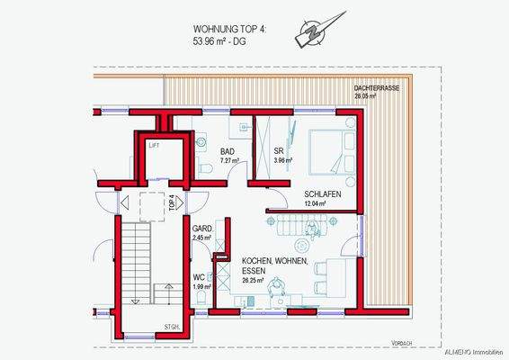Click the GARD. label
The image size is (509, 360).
point(202,229)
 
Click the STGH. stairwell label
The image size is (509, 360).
point(171,327)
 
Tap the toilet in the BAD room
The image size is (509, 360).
point(205,169)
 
